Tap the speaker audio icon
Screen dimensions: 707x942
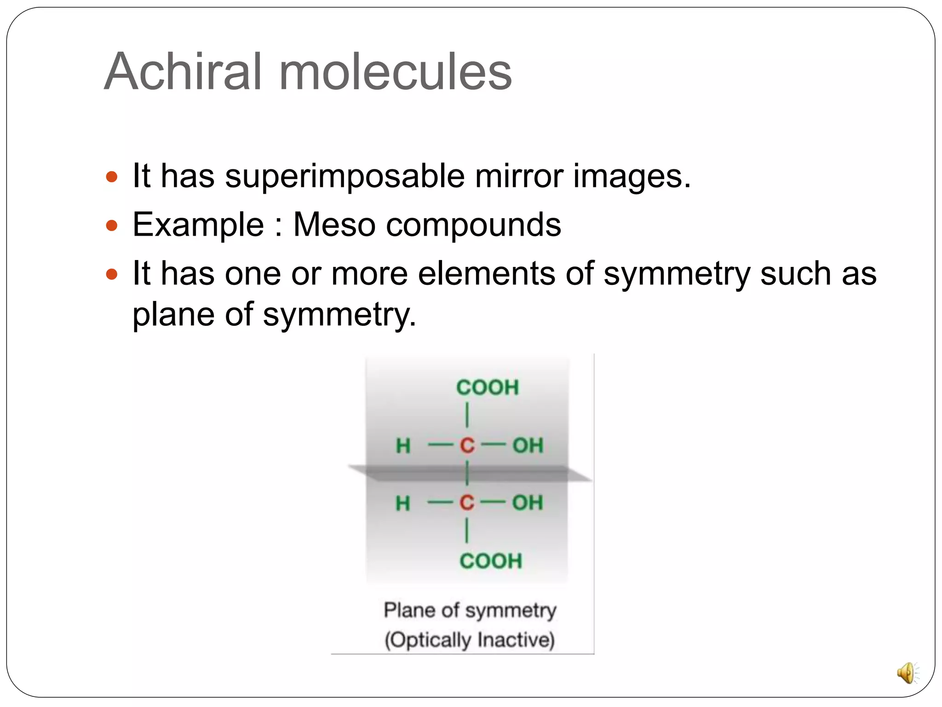pyautogui.click(x=907, y=673)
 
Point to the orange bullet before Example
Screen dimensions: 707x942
pyautogui.click(x=112, y=226)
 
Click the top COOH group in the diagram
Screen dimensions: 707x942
pyautogui.click(x=487, y=388)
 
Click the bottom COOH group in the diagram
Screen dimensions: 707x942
pyautogui.click(x=491, y=561)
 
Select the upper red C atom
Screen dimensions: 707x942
pyautogui.click(x=467, y=446)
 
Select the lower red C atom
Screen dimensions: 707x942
pyautogui.click(x=466, y=503)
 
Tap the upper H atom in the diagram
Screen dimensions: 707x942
pyautogui.click(x=403, y=446)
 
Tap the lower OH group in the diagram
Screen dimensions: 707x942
pyautogui.click(x=528, y=503)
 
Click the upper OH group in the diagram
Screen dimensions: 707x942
pyautogui.click(x=528, y=446)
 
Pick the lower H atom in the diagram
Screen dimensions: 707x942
pyautogui.click(x=402, y=503)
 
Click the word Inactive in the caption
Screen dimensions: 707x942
pyautogui.click(x=516, y=640)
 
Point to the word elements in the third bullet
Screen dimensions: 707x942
pyautogui.click(x=486, y=273)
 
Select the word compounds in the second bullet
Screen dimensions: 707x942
pyautogui.click(x=473, y=225)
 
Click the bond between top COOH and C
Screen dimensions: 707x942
pyautogui.click(x=467, y=415)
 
